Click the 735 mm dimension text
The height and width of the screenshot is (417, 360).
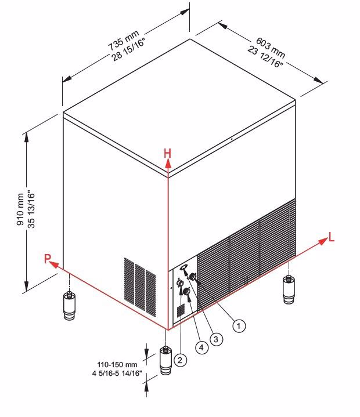click(123, 40)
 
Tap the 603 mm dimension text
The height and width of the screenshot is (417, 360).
click(270, 48)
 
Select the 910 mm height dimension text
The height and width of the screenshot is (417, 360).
click(20, 209)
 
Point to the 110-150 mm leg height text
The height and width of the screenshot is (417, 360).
click(117, 364)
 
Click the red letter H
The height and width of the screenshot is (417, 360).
click(167, 154)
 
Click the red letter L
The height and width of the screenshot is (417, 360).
click(331, 237)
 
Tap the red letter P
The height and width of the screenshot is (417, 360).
click(48, 259)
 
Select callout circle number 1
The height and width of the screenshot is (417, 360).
click(239, 326)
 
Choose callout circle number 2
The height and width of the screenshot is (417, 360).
click(180, 360)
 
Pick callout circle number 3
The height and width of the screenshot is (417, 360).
click(216, 339)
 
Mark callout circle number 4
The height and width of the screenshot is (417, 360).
click(201, 347)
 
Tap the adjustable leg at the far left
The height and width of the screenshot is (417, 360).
click(69, 306)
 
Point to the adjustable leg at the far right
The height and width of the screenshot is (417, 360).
click(289, 290)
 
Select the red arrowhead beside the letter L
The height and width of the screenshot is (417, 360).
click(323, 241)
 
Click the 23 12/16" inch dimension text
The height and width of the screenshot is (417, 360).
click(265, 57)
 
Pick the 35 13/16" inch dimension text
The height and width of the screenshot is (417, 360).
click(31, 209)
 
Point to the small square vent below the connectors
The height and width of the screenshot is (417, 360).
click(181, 311)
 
